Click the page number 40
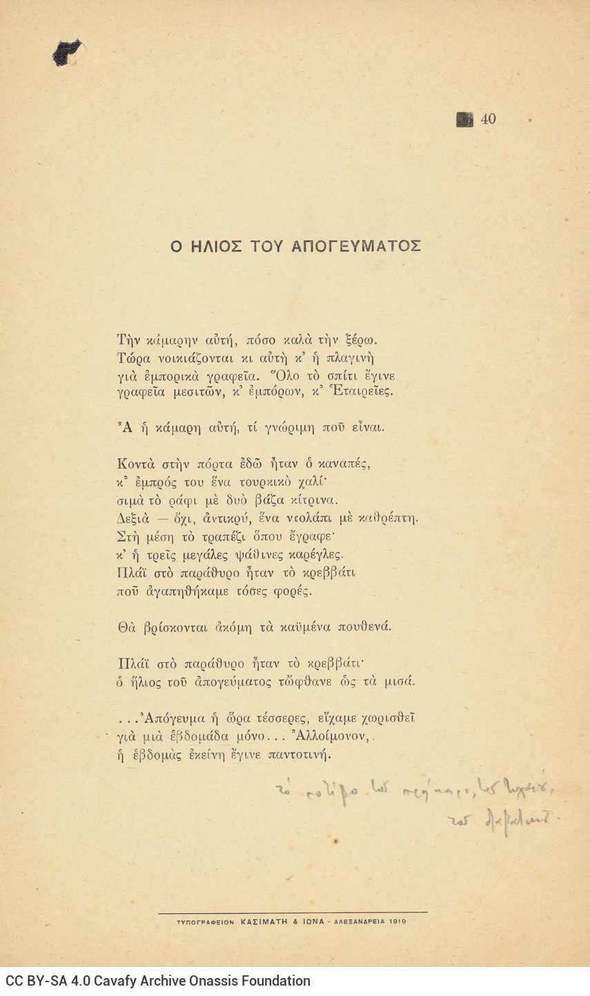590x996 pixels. point(488,119)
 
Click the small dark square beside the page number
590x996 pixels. point(464,119)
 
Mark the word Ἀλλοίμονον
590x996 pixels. point(325,736)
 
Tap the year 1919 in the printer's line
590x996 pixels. point(397,922)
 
